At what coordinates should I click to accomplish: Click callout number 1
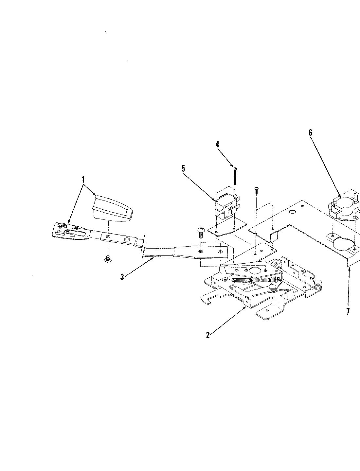(83, 179)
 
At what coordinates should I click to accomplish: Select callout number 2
(207, 335)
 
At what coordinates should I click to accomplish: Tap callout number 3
(122, 277)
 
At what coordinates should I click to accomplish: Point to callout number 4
(217, 144)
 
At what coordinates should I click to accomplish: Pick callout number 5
(183, 168)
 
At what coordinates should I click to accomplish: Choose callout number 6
(310, 132)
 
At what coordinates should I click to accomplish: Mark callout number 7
(348, 311)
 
